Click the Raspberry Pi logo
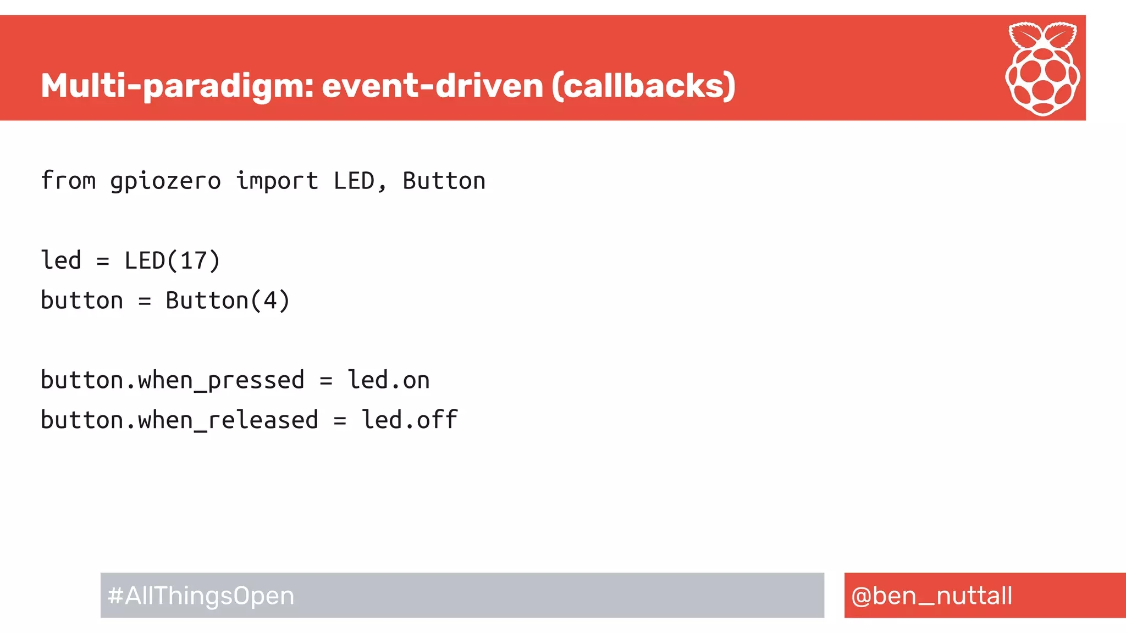(x=1042, y=69)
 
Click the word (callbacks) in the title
(x=643, y=86)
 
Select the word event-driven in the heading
(x=432, y=86)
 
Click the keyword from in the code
(x=68, y=181)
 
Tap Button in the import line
(x=444, y=181)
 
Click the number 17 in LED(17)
(x=193, y=260)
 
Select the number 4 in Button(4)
(x=270, y=301)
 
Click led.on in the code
(x=389, y=380)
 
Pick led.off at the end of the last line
(x=410, y=420)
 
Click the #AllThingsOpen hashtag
(x=201, y=596)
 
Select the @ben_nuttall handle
(x=931, y=596)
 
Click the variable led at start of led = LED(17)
(x=61, y=260)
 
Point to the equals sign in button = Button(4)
(x=145, y=301)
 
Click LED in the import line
(x=354, y=181)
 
